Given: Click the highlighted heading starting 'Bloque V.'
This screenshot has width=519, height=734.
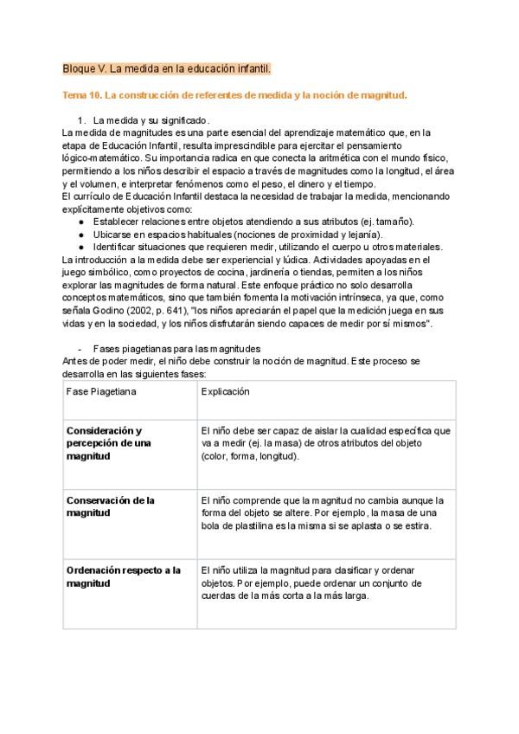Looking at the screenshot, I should click(167, 68).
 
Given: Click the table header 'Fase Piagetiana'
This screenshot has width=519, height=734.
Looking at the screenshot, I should click(101, 391).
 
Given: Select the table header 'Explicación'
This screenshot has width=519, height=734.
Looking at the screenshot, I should click(225, 391).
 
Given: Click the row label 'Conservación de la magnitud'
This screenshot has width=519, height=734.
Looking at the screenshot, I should click(110, 506).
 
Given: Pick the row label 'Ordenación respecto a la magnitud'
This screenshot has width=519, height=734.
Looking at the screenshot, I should click(123, 576).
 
